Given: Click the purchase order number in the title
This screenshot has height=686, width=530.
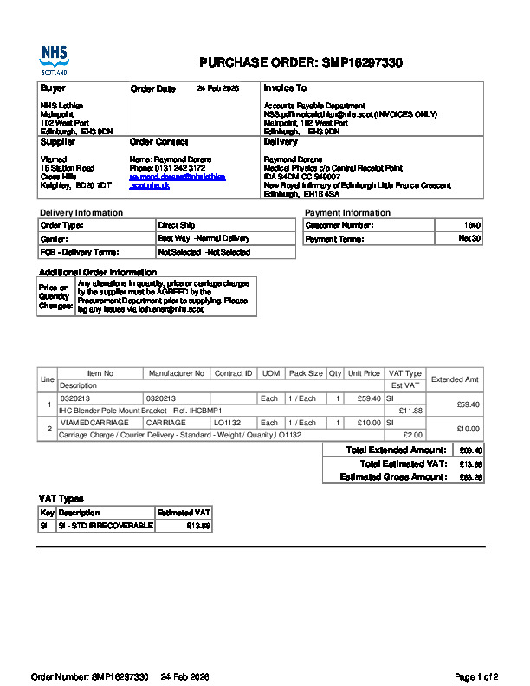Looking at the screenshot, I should point(362,63).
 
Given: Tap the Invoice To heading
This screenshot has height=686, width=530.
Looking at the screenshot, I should point(285,88).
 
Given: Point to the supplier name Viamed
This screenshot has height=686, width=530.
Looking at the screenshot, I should point(54,159).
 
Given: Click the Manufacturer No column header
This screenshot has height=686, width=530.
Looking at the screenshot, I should point(176,373).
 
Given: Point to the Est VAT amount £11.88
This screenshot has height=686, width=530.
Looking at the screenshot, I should point(410,411).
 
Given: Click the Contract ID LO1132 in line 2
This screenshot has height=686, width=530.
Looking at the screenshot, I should point(227,423).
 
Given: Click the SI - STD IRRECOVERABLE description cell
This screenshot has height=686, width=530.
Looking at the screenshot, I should point(105,526).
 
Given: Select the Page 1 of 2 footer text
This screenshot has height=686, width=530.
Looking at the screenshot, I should point(476,676).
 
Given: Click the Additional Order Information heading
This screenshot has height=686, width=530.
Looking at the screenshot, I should point(97,272).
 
